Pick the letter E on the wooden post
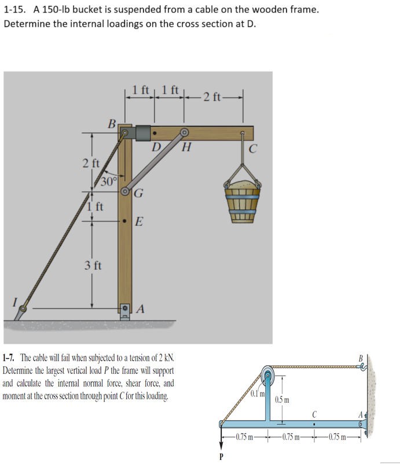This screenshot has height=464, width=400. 140,221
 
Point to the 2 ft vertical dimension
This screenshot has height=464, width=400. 89,163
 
